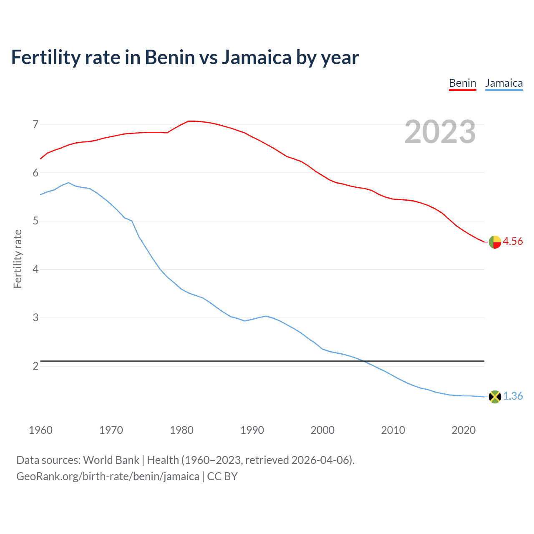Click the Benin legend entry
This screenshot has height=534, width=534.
(462, 83)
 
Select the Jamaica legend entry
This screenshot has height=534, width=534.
(504, 83)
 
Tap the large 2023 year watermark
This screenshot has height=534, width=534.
(440, 132)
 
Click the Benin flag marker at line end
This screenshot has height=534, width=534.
(495, 242)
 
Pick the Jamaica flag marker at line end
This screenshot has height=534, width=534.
(495, 397)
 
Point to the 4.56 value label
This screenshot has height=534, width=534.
(513, 242)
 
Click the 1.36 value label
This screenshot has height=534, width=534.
(513, 396)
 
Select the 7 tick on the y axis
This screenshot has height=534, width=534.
(35, 124)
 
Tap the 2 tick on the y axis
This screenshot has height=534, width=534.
(35, 366)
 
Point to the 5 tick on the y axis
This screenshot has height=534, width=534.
(35, 221)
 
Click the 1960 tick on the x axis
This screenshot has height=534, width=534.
(40, 430)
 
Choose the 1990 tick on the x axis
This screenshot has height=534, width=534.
(252, 430)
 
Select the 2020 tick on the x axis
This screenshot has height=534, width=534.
(463, 430)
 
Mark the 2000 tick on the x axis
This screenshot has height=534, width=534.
(322, 430)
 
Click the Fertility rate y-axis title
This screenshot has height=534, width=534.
(18, 259)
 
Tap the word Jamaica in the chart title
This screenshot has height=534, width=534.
(256, 58)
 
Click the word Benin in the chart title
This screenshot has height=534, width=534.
(170, 58)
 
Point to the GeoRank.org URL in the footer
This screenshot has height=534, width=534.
(108, 476)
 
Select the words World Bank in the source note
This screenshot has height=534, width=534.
(111, 460)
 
